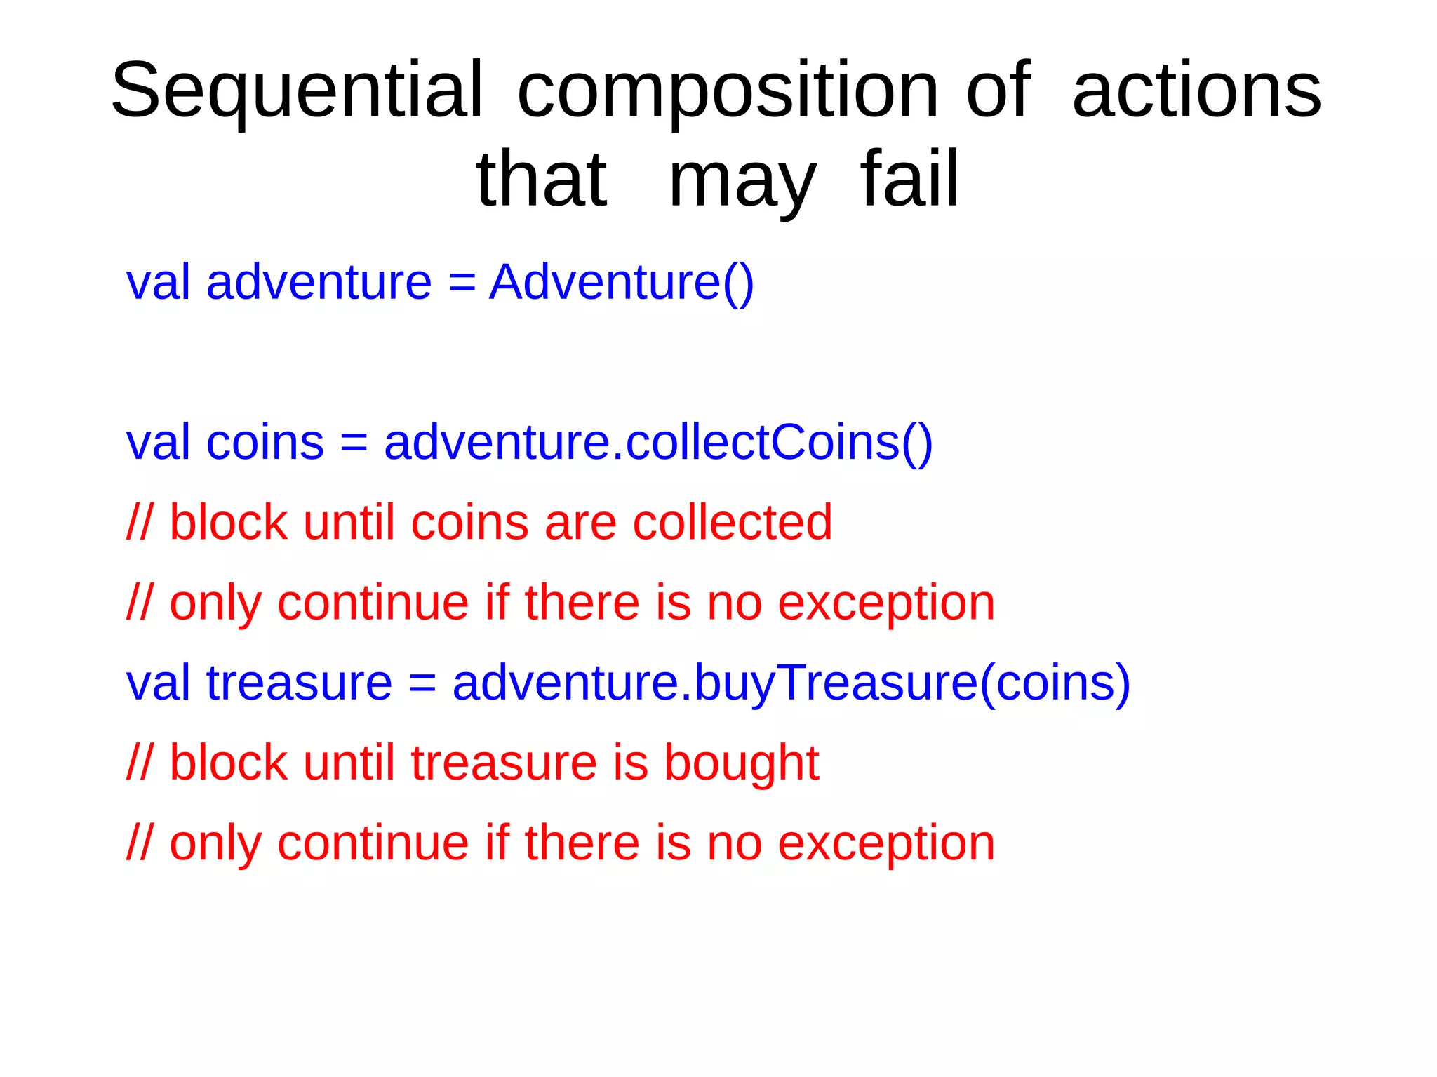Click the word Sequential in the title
pos(297,91)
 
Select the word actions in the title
pos(1196,91)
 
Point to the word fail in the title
pos(909,180)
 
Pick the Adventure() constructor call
pos(621,283)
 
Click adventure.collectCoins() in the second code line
pos(658,443)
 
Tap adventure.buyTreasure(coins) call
pos(791,683)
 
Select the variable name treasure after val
pos(299,683)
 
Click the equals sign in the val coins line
pos(354,444)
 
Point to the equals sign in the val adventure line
pos(461,283)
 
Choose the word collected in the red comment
pos(732,523)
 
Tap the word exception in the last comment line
pos(886,844)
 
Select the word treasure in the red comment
pos(503,763)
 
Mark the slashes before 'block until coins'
pos(138,523)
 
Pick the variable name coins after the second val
pos(265,443)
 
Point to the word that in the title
pos(541,180)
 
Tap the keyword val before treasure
pos(157,683)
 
